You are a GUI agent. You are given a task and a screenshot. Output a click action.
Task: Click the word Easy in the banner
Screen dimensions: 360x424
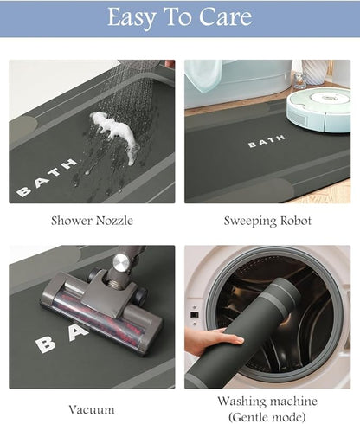point(132,17)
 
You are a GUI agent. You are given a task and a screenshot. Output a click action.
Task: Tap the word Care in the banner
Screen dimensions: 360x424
point(226,16)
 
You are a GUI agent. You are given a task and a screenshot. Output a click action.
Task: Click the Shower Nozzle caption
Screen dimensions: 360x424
point(92,221)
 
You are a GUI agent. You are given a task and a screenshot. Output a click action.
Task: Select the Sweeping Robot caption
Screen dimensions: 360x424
point(267,222)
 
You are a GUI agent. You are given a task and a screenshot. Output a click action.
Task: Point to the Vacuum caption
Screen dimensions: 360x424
point(92,409)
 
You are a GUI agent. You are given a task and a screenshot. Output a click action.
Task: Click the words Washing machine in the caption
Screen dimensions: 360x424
point(267,401)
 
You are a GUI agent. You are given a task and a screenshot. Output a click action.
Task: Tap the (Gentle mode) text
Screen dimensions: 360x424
point(267,417)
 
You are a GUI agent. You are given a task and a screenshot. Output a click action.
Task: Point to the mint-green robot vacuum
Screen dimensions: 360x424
point(318,110)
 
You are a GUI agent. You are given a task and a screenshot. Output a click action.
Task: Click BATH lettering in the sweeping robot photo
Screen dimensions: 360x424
point(267,141)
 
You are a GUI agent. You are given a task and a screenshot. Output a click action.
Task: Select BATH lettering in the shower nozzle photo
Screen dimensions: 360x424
point(47,177)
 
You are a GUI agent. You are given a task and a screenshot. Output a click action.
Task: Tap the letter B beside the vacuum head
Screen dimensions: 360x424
point(46,344)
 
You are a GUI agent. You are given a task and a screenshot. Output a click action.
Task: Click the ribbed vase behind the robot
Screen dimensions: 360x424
point(315,72)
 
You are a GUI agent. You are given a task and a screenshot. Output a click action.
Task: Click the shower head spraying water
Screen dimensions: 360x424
point(141,65)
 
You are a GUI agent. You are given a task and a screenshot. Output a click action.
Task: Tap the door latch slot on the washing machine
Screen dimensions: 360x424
point(194,315)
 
